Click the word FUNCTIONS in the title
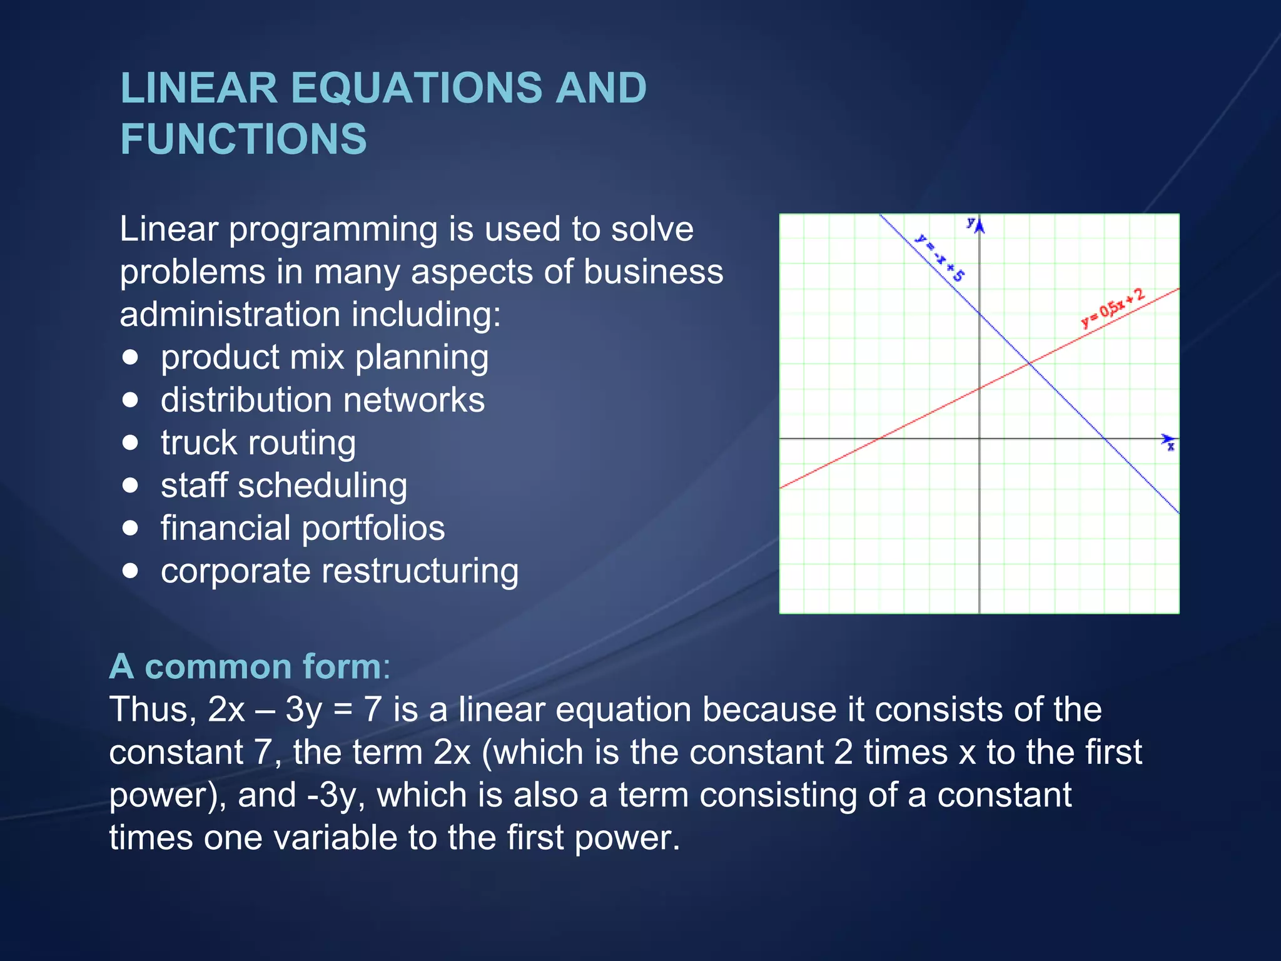pyautogui.click(x=243, y=139)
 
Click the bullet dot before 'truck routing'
pyautogui.click(x=130, y=442)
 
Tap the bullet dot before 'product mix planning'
pyautogui.click(x=130, y=357)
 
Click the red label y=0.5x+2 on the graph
pyautogui.click(x=1113, y=308)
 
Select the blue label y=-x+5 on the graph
pyautogui.click(x=939, y=257)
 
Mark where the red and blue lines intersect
pyautogui.click(x=1029, y=364)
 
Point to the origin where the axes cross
pyautogui.click(x=980, y=439)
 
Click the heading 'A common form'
pyautogui.click(x=249, y=666)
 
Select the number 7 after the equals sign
pyautogui.click(x=372, y=709)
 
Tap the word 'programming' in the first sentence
pyautogui.click(x=333, y=230)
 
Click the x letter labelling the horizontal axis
pyautogui.click(x=1171, y=447)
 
